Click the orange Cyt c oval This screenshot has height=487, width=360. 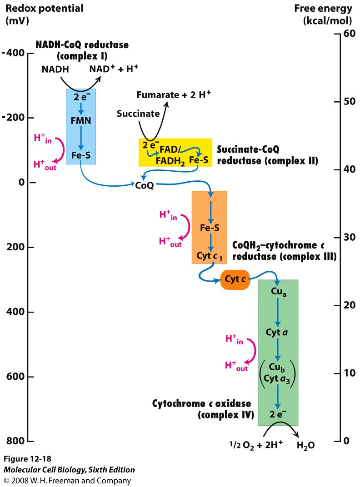(x=235, y=279)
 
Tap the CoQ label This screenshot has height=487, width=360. (x=145, y=185)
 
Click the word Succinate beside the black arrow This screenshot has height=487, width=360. (x=138, y=113)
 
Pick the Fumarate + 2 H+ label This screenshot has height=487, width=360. (x=174, y=95)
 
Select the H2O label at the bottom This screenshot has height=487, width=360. (x=305, y=446)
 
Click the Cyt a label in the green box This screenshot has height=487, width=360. (x=277, y=332)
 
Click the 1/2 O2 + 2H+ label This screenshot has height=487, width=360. (x=249, y=446)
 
